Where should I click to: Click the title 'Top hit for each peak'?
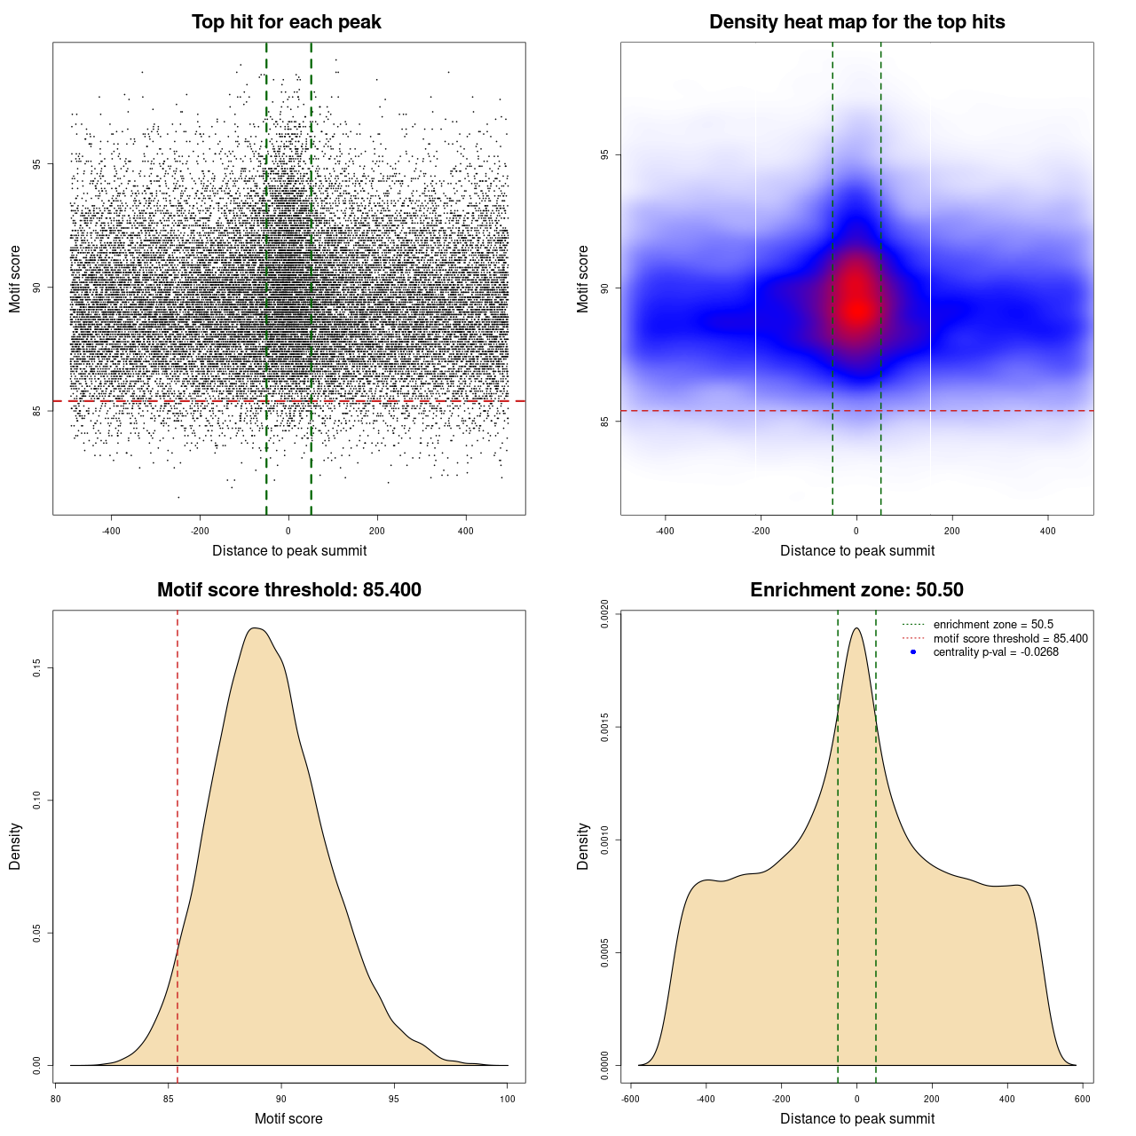coord(287,22)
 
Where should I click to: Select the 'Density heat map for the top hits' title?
coord(856,22)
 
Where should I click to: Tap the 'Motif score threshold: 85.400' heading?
coord(288,590)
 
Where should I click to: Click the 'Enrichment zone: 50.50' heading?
coord(856,590)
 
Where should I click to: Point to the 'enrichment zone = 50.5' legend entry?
coord(993,625)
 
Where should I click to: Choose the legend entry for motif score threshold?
coord(1010,639)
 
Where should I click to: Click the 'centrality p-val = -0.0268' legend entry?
coord(996,652)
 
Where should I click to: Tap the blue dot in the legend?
coord(913,652)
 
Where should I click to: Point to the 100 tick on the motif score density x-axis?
coord(508,1099)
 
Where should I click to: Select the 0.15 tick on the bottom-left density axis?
coord(37,667)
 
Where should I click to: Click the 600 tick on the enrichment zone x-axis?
coord(1083,1099)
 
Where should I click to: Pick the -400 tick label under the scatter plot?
coord(111,531)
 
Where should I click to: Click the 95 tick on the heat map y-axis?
coord(605,155)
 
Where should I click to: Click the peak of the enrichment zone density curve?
coord(856,628)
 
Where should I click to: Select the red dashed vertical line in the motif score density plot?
coord(177,843)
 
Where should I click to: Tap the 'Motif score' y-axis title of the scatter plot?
coord(15,280)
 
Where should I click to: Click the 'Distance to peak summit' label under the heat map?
coord(856,551)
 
